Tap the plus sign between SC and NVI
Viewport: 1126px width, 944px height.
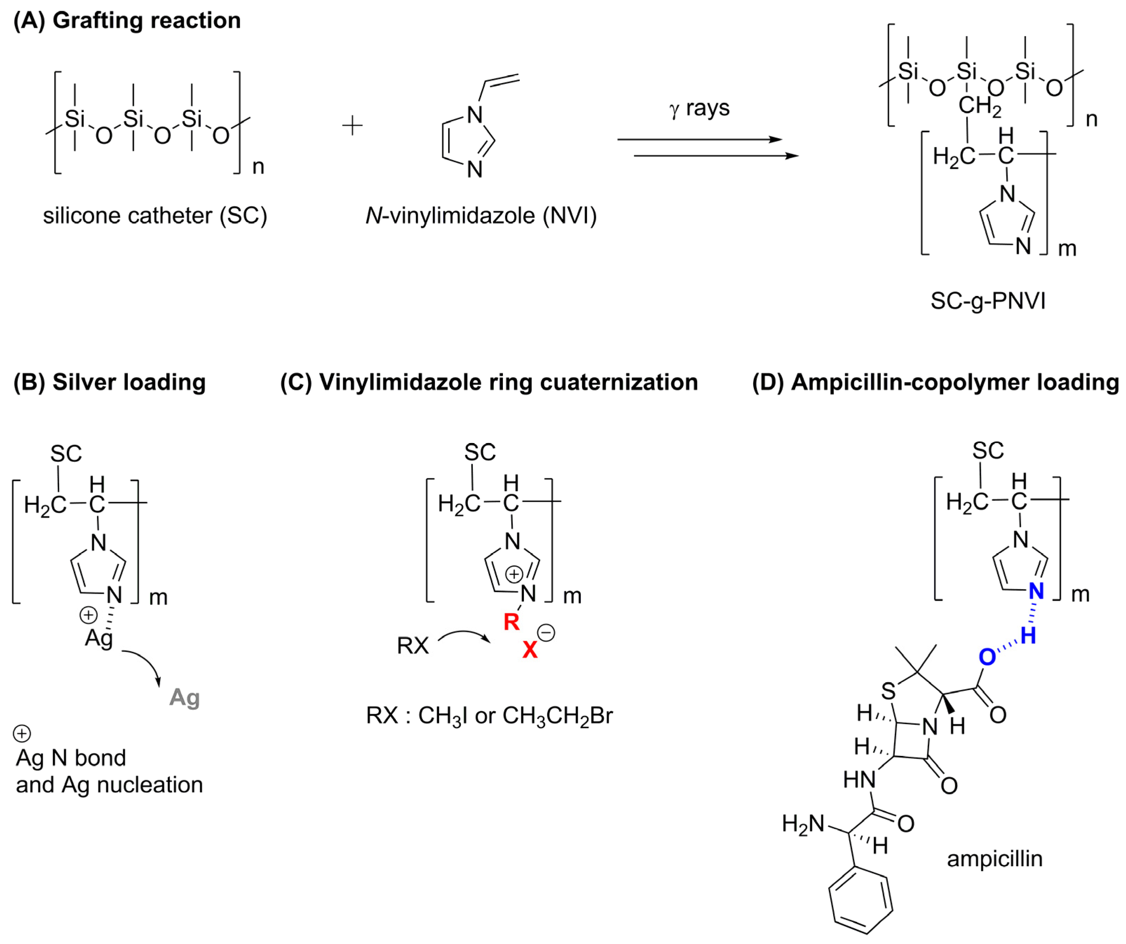pyautogui.click(x=352, y=126)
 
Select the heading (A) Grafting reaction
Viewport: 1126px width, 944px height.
pyautogui.click(x=127, y=20)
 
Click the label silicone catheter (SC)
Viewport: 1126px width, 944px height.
pyautogui.click(x=155, y=215)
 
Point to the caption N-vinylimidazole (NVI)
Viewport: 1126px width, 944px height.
pyautogui.click(x=481, y=215)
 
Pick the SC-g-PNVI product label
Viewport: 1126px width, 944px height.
pyautogui.click(x=988, y=301)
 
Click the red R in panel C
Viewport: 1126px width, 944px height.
pyautogui.click(x=512, y=622)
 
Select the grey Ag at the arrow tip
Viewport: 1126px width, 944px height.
pyautogui.click(x=184, y=697)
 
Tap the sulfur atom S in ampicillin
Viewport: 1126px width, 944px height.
pyautogui.click(x=888, y=691)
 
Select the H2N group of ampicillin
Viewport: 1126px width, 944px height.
pyautogui.click(x=803, y=824)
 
